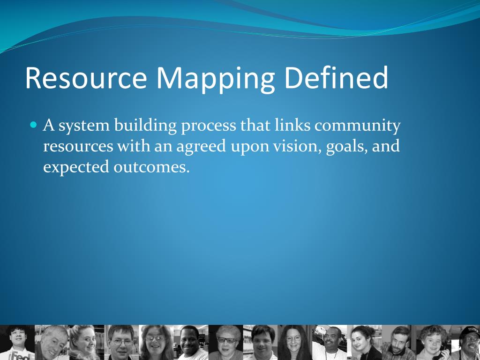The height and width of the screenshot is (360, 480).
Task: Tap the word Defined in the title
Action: click(x=336, y=78)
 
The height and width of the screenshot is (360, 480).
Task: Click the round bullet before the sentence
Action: click(x=33, y=125)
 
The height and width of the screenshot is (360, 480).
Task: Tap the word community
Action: click(x=358, y=126)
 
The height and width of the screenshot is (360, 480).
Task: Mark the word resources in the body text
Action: click(x=78, y=146)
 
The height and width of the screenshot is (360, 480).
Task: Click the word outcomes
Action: click(x=151, y=167)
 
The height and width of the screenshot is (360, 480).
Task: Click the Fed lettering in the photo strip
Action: click(x=20, y=356)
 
